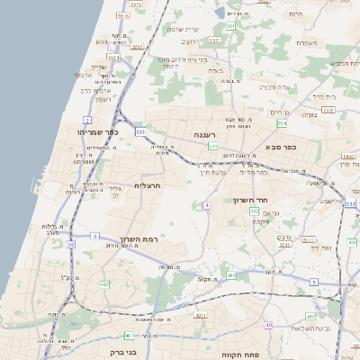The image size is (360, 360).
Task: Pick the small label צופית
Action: pyautogui.click(x=310, y=114)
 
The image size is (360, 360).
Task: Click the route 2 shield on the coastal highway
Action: pyautogui.click(x=87, y=119)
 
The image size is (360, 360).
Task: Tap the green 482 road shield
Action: pyautogui.click(x=104, y=284)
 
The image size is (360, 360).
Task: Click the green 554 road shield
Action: pyautogui.click(x=282, y=123)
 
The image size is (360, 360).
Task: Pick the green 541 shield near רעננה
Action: pyautogui.click(x=212, y=145)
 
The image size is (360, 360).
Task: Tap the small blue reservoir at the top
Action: pyautogui.click(x=220, y=13)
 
